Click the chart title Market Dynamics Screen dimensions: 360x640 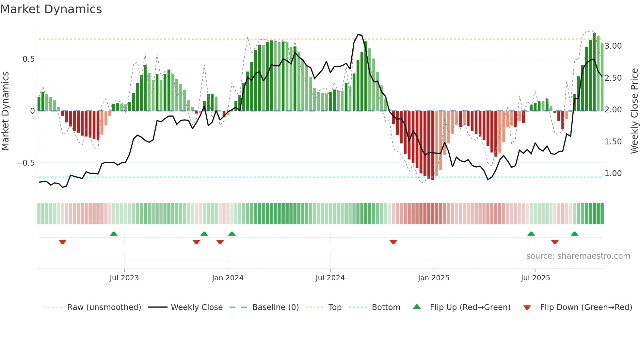(51, 9)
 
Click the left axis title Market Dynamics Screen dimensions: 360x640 (5, 111)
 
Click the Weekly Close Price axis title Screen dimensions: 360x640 (634, 111)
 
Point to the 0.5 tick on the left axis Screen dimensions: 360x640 (28, 59)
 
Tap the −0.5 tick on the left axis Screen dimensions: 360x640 (26, 163)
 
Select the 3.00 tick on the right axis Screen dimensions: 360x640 (613, 46)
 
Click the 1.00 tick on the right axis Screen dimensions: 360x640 (613, 173)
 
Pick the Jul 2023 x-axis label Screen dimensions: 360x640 (124, 278)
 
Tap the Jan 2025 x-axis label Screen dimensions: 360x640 (433, 278)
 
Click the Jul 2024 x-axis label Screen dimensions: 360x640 (330, 278)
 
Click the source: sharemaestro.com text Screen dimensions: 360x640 (578, 256)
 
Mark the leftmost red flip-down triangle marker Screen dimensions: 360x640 (62, 242)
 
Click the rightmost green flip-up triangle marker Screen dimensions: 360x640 (574, 234)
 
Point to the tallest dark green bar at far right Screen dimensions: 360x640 (594, 72)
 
